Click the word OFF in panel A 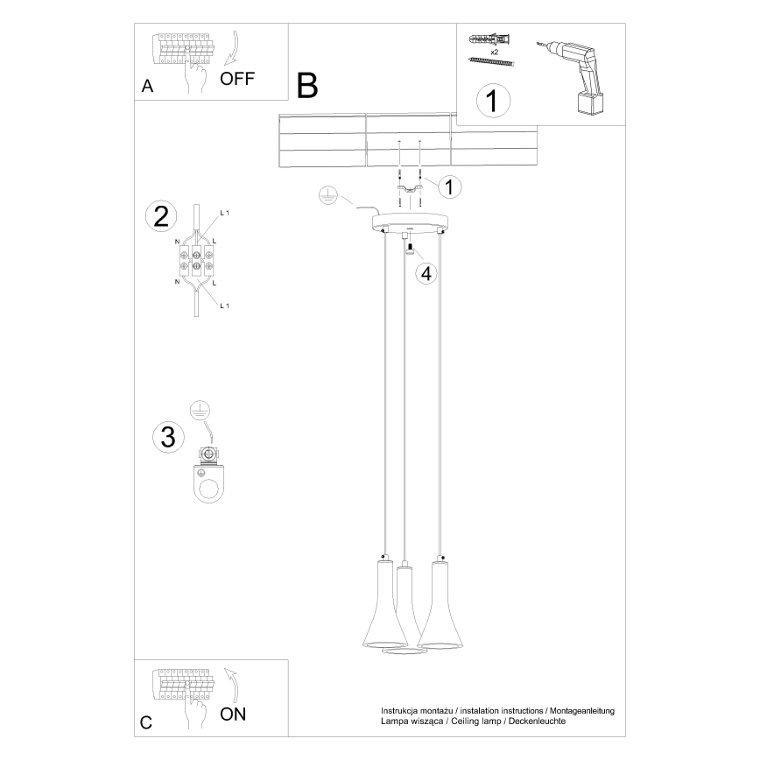click(x=237, y=79)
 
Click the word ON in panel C click(x=233, y=714)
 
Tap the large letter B click(x=307, y=85)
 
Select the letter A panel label click(x=147, y=87)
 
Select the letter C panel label click(x=146, y=723)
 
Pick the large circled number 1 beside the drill click(x=492, y=100)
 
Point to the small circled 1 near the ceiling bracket click(x=449, y=186)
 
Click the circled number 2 click(x=160, y=216)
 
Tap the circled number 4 click(x=426, y=273)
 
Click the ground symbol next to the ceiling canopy click(x=326, y=195)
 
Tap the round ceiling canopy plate click(x=408, y=223)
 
